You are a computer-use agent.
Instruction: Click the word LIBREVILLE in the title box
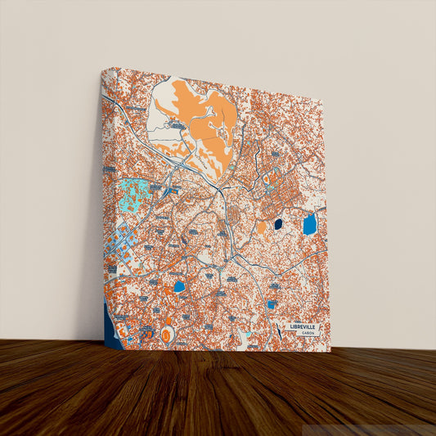click(305, 326)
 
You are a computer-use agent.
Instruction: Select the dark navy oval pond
click(278, 223)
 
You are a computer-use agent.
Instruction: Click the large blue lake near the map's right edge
click(309, 224)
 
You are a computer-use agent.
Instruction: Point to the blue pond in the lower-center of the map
click(179, 286)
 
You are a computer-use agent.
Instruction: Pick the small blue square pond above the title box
click(271, 304)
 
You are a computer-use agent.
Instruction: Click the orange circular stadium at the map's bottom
click(167, 335)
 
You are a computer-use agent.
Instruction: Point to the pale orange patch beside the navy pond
click(262, 227)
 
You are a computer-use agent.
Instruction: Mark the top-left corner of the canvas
click(103, 69)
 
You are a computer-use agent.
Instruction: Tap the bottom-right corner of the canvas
click(330, 351)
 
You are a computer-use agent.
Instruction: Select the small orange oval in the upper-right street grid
click(266, 178)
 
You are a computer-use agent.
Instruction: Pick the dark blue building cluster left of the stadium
click(146, 334)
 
